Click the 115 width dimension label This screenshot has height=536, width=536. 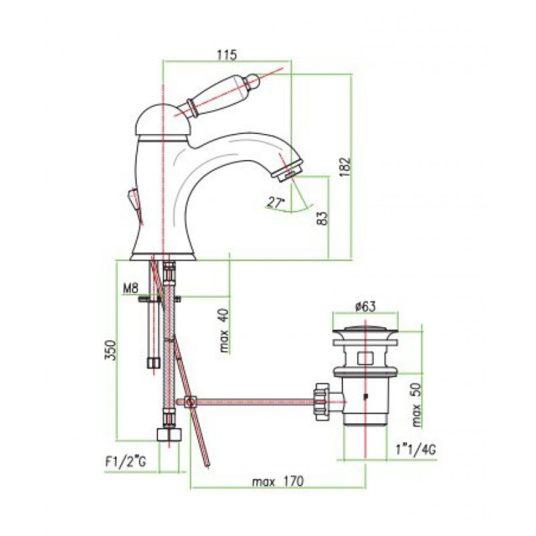[x=227, y=54]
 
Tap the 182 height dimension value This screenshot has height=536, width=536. [x=346, y=167]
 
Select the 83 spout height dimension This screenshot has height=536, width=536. [x=322, y=219]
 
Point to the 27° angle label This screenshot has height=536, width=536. [x=276, y=203]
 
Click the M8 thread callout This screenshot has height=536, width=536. [x=130, y=289]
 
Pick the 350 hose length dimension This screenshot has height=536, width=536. [x=110, y=350]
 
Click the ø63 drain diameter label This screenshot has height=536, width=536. [x=365, y=307]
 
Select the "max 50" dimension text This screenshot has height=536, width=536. [x=416, y=404]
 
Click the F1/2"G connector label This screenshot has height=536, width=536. [x=125, y=462]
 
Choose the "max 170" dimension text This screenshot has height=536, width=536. [x=278, y=482]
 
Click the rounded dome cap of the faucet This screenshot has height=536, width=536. [x=160, y=120]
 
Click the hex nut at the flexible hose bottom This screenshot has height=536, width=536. [x=169, y=435]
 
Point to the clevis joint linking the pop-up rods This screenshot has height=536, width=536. [x=190, y=401]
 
